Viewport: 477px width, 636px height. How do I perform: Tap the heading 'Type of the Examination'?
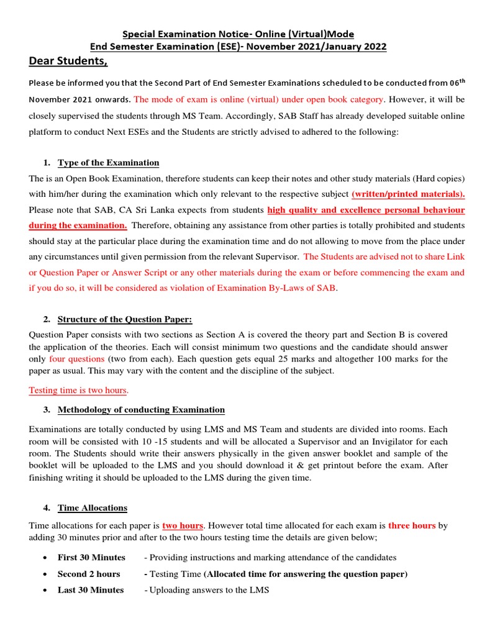pyautogui.click(x=108, y=163)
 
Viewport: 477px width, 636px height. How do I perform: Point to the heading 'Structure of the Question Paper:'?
pyautogui.click(x=125, y=319)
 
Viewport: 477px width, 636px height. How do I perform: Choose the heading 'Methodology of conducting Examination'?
pyautogui.click(x=141, y=409)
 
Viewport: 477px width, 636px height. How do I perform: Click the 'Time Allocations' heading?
pyautogui.click(x=92, y=507)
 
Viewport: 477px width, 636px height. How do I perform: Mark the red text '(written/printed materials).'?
pyautogui.click(x=408, y=194)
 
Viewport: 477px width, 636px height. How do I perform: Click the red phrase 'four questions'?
pyautogui.click(x=77, y=359)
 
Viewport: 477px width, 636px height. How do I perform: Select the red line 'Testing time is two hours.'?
pyautogui.click(x=79, y=390)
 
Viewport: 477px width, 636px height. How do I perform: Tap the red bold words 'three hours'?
pyautogui.click(x=412, y=525)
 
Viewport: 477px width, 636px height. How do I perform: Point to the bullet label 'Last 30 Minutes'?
pyautogui.click(x=91, y=590)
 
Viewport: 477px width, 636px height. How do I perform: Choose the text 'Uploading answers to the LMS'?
pyautogui.click(x=209, y=590)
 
